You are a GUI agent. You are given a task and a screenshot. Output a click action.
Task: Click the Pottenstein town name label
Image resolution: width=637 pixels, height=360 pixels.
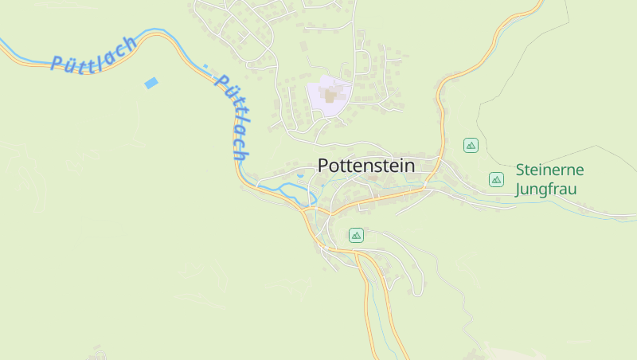(x=366, y=166)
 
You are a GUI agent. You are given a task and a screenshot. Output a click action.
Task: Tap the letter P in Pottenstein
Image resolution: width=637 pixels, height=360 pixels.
(x=323, y=166)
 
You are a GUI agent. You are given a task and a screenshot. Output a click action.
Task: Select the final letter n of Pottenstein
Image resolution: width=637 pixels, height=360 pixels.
(x=410, y=166)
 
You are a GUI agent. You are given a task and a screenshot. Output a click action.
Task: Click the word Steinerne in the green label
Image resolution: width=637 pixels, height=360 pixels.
(x=549, y=170)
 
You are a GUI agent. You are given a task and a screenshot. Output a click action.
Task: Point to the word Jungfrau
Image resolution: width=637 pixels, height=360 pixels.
(x=545, y=190)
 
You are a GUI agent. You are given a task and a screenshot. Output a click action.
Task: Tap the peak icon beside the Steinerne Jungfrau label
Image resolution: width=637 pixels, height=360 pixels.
(x=496, y=179)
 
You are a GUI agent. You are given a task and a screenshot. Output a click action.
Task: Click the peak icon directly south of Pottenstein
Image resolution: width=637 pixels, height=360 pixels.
(x=356, y=235)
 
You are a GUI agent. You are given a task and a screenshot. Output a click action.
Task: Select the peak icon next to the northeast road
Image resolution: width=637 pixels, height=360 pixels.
(x=471, y=145)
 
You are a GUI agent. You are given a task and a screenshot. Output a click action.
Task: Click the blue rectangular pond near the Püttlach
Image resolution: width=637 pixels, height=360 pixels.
(x=150, y=83)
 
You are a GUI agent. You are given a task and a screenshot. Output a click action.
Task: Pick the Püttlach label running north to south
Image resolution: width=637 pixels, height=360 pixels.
(x=233, y=118)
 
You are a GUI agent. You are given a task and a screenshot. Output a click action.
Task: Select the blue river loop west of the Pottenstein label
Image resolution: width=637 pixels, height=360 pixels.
(x=287, y=189)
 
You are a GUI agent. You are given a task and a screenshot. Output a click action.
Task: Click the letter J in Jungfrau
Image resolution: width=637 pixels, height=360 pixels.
(x=520, y=190)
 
